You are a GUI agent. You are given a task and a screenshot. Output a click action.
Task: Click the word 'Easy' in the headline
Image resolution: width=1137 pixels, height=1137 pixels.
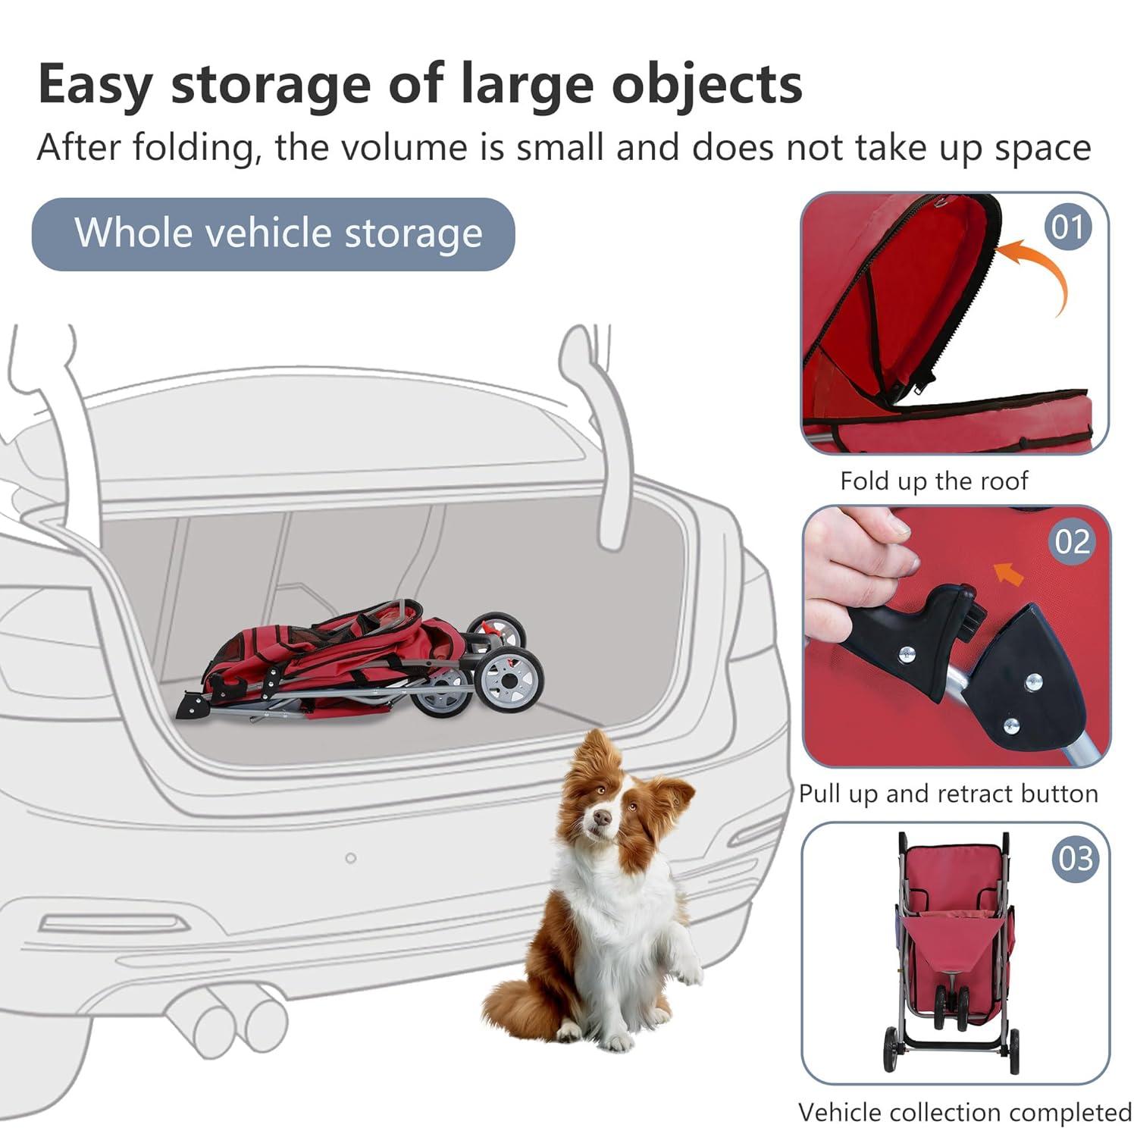pyautogui.click(x=95, y=85)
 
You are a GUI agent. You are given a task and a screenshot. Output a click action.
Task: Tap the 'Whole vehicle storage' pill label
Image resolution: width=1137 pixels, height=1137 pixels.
pyautogui.click(x=274, y=233)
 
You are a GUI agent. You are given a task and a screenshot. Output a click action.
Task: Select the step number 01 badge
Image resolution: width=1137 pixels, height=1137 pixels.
pyautogui.click(x=1067, y=227)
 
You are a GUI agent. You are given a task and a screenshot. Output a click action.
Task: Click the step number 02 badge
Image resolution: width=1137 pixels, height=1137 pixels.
pyautogui.click(x=1072, y=541)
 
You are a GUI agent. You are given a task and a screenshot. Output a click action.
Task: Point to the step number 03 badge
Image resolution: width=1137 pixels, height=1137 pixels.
pyautogui.click(x=1076, y=859)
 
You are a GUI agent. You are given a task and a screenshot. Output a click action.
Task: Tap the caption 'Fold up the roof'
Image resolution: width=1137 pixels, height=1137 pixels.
pyautogui.click(x=934, y=481)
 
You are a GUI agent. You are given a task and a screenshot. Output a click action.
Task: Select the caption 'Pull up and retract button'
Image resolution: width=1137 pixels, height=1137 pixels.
pyautogui.click(x=948, y=794)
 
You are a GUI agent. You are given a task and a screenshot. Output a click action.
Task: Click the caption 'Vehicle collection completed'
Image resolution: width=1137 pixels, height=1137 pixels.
pyautogui.click(x=964, y=1112)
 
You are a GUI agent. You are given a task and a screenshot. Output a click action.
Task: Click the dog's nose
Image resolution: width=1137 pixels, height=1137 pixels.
pyautogui.click(x=602, y=817)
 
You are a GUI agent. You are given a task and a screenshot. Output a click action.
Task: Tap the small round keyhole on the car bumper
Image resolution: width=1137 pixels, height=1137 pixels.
pyautogui.click(x=350, y=858)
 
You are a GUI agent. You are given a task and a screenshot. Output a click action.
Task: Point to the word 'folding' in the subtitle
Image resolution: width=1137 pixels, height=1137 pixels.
pyautogui.click(x=195, y=147)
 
